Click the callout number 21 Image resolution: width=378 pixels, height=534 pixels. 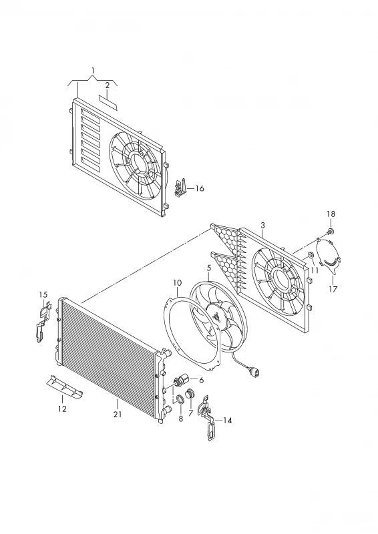(118, 415)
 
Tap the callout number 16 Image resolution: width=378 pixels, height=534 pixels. (200, 188)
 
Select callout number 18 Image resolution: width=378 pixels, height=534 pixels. (331, 214)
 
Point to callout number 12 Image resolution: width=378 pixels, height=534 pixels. (62, 409)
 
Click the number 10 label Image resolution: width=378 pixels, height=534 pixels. (177, 282)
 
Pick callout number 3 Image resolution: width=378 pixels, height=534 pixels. (262, 226)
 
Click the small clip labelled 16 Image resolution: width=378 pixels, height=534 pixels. (180, 188)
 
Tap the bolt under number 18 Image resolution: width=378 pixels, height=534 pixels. (331, 232)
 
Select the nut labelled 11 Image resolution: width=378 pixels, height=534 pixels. (311, 255)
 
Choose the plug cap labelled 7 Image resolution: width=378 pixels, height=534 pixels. (189, 394)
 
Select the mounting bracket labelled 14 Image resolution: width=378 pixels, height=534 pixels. (208, 418)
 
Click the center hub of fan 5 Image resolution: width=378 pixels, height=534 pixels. (216, 318)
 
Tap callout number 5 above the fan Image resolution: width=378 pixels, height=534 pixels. (209, 268)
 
